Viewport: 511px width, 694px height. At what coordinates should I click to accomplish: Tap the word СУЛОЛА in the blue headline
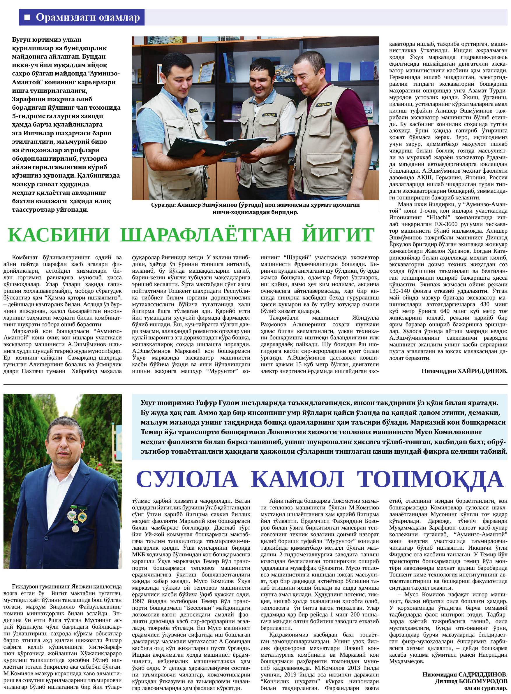click(x=187, y=488)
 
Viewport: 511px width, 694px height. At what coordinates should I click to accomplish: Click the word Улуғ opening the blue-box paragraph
click(x=147, y=403)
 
